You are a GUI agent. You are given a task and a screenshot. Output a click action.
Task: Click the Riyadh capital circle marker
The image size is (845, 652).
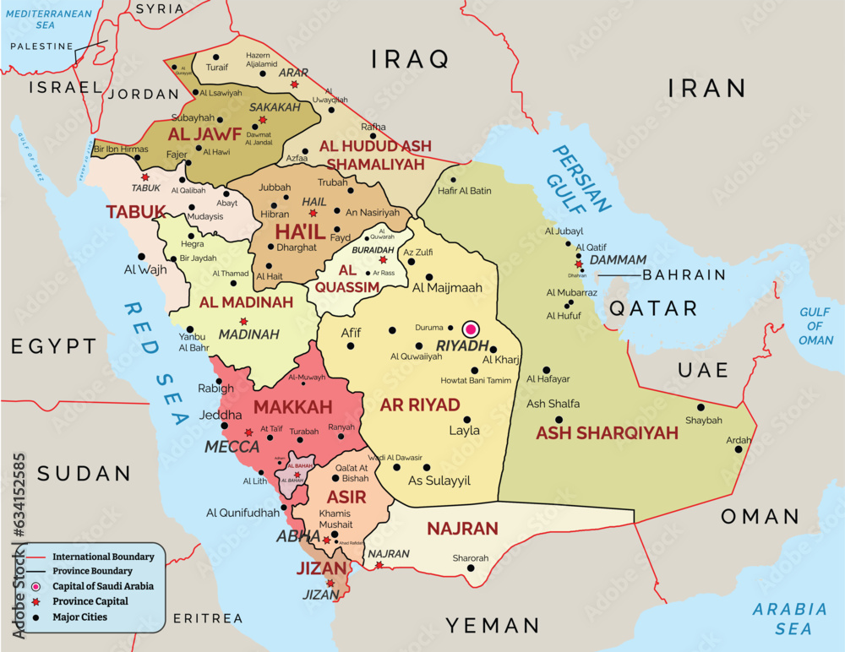click(471, 329)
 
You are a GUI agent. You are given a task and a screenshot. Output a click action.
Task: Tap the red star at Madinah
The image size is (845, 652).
click(243, 321)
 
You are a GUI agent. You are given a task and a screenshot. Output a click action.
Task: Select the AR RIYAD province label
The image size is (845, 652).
click(420, 405)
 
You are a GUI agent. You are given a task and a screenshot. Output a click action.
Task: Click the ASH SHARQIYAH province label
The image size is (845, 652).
click(607, 433)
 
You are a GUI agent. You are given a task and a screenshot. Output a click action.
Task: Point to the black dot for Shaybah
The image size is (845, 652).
click(701, 407)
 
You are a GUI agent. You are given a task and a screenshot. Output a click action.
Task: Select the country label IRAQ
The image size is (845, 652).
click(410, 59)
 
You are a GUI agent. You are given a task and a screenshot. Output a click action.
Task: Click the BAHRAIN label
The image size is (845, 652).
click(684, 274)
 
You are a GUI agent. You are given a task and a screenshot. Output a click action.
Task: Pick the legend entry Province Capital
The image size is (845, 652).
click(90, 601)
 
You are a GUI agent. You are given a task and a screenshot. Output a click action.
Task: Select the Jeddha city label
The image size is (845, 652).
click(220, 415)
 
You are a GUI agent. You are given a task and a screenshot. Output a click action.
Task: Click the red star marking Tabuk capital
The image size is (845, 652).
click(145, 177)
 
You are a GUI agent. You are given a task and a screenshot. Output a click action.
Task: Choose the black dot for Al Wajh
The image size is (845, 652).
click(141, 257)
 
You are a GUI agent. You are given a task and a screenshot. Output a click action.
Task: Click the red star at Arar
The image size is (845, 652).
click(294, 84)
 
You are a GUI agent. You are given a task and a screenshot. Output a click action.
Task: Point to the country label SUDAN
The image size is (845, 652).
click(83, 474)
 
